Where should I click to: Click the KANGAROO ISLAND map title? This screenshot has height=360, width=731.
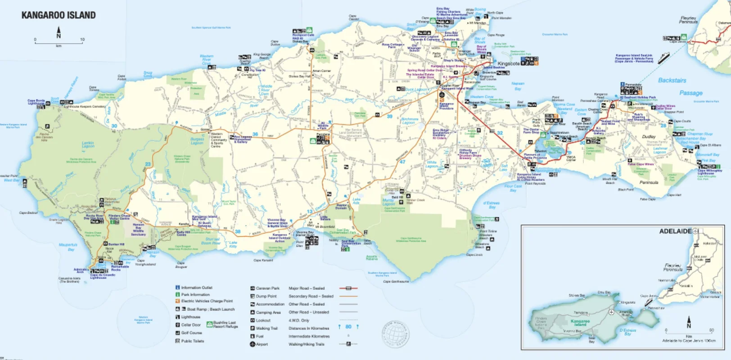[59, 15]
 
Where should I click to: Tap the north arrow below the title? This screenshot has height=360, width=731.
[59, 33]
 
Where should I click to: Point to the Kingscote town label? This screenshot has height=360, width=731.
[508, 63]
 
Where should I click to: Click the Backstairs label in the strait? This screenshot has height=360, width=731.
[672, 81]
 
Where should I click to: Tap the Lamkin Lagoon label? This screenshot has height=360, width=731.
[88, 144]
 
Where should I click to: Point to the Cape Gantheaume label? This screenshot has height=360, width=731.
[396, 282]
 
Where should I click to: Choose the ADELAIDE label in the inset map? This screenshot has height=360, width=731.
[675, 231]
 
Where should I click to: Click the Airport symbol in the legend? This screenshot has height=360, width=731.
[253, 344]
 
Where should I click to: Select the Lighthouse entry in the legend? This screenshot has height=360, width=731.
[190, 317]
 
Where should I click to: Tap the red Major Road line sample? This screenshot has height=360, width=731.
[348, 288]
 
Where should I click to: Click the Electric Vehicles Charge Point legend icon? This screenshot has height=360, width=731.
[178, 301]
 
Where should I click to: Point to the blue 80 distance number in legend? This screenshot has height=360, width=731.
[348, 327]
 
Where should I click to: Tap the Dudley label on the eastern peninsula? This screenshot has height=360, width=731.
[649, 136]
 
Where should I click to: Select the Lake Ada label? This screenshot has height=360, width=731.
[356, 201]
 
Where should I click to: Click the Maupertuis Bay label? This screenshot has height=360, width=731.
[68, 247]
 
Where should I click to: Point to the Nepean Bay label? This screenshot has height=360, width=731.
[518, 86]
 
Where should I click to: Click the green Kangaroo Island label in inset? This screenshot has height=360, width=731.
[580, 323]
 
